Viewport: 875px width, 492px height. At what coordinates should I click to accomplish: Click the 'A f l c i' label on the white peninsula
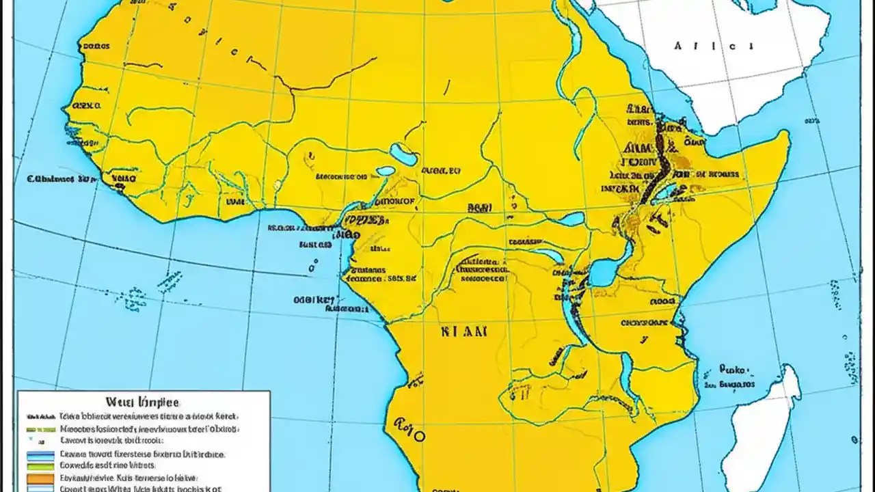(714, 46)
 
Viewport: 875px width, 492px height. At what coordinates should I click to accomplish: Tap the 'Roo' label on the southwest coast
(407, 429)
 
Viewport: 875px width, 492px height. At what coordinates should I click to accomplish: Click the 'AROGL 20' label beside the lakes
(440, 172)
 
